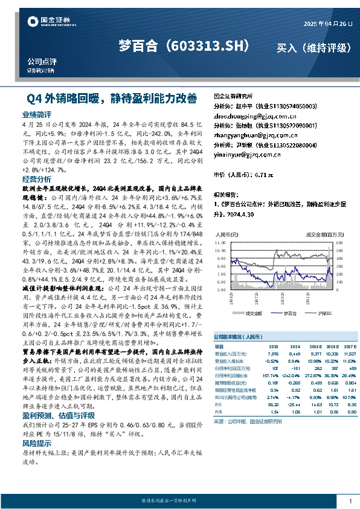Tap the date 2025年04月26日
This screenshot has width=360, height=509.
point(327,23)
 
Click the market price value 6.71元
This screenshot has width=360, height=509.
point(265,174)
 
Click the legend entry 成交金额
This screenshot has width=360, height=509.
point(254,313)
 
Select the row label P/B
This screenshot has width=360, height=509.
point(219,412)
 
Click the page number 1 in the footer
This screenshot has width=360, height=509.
point(350,501)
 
